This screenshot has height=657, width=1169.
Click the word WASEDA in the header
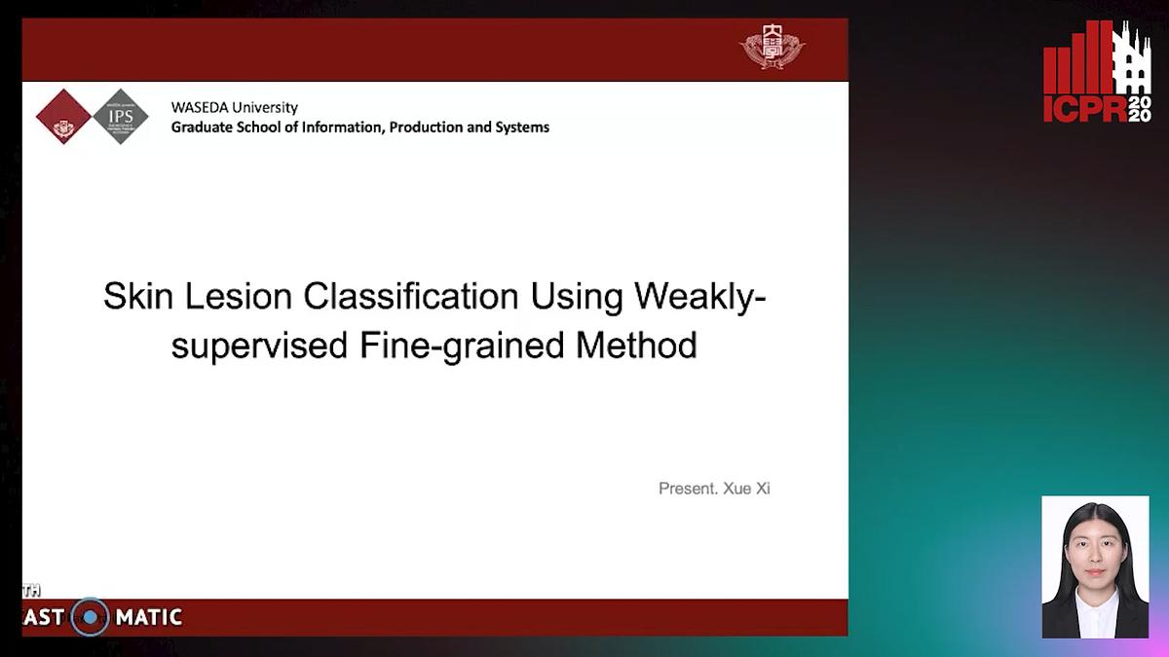click(201, 108)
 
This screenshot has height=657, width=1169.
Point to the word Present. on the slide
click(688, 489)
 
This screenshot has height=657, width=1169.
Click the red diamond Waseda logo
click(63, 117)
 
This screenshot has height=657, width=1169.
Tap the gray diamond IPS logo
click(121, 117)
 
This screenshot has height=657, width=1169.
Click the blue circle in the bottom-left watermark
click(90, 617)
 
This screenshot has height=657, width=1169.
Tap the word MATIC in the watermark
click(148, 617)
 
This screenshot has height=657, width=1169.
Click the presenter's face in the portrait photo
click(1095, 551)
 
